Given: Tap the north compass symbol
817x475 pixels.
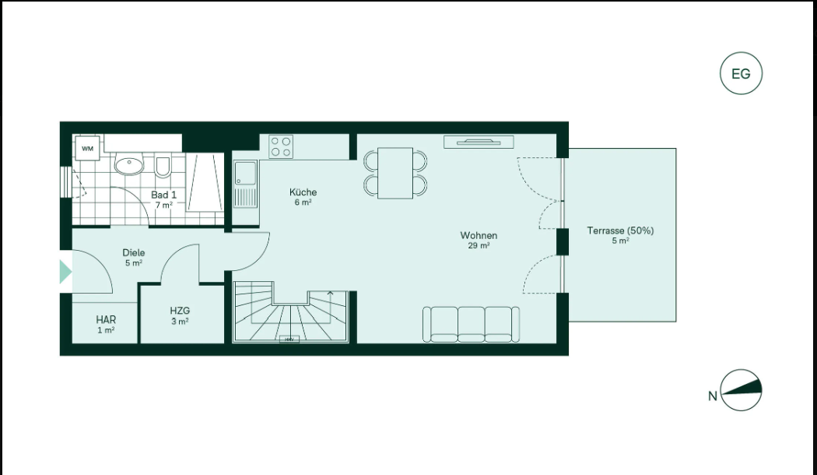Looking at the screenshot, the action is click(741, 391).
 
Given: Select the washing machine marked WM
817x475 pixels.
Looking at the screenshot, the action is click(87, 149).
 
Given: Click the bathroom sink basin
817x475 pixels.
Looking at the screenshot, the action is click(128, 166).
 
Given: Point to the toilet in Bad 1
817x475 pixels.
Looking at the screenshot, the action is click(163, 167).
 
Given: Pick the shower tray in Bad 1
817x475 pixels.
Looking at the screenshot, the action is click(205, 182).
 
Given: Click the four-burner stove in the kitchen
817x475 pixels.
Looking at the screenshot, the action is click(281, 146).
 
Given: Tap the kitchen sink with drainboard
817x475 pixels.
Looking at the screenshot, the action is click(245, 184).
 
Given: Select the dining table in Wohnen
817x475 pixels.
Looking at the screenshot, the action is click(395, 173).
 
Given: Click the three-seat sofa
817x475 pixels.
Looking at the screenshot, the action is click(471, 324).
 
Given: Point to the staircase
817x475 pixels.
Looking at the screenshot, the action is click(290, 312).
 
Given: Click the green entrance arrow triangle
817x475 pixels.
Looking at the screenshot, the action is click(65, 272).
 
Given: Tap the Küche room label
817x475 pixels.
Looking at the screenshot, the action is click(303, 192).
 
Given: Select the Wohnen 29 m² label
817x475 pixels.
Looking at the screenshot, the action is click(479, 241).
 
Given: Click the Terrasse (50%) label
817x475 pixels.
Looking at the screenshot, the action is click(620, 230).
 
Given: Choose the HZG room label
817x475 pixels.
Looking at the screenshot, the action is click(180, 311).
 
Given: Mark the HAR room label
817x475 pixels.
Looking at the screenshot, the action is click(106, 319).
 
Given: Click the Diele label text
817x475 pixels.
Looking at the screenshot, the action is click(134, 253).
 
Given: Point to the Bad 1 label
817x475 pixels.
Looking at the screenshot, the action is click(163, 195).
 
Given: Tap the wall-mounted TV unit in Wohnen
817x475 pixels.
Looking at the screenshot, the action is click(479, 142).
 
